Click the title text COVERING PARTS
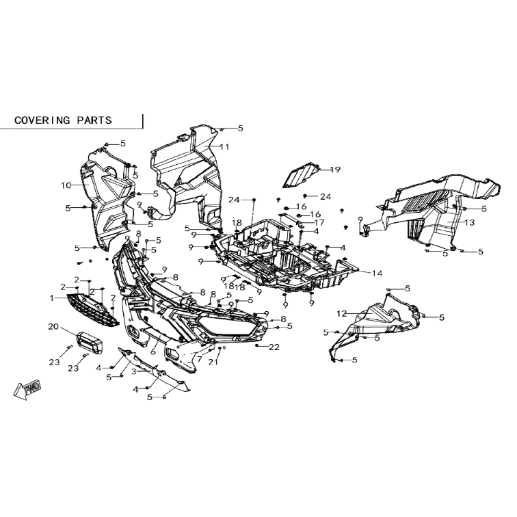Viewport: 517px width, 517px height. [63, 120]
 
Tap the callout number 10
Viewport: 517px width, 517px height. [66, 185]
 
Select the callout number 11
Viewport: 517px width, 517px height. [224, 146]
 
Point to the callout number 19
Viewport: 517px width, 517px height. [335, 170]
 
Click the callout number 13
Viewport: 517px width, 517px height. [470, 222]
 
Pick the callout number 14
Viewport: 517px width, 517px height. [377, 273]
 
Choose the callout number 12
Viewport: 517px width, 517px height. [342, 313]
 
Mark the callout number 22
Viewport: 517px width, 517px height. [274, 347]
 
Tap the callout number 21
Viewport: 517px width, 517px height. [213, 362]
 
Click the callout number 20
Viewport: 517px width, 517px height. [53, 326]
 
